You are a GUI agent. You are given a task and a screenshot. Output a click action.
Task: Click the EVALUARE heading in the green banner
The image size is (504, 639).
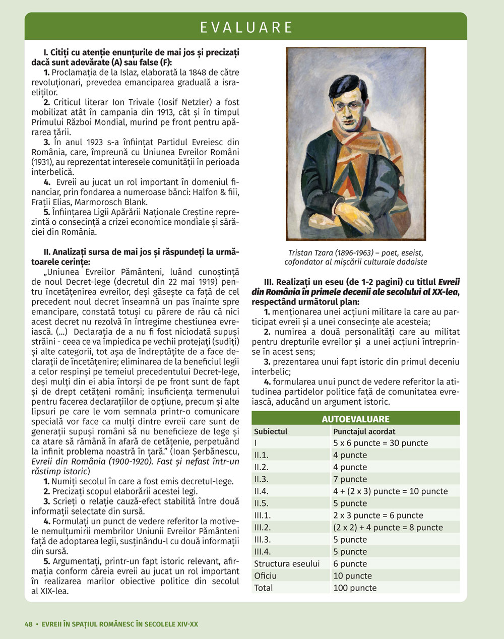point(246,27)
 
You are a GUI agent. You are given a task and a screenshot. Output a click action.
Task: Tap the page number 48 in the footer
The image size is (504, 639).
point(28,624)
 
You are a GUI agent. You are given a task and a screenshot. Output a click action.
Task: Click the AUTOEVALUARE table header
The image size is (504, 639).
point(355,419)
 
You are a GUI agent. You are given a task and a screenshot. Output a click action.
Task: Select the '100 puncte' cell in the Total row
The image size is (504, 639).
point(355,588)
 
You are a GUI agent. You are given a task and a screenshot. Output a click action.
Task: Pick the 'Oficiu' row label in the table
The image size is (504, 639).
point(265,576)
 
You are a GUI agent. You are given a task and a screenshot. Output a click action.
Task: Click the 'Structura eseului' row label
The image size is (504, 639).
point(286,563)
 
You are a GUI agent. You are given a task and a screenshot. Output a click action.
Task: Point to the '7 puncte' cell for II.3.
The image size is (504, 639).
point(350,479)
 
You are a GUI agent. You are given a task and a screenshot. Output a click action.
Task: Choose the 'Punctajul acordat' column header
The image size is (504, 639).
point(364,431)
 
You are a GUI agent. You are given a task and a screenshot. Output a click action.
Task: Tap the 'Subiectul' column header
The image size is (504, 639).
point(271,431)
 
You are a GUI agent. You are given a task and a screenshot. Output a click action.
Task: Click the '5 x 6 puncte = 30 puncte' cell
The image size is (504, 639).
point(381,443)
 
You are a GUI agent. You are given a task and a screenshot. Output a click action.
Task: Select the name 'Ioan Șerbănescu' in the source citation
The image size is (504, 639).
point(208,452)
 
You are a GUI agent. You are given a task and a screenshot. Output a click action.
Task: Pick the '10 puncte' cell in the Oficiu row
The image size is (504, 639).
point(352,576)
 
